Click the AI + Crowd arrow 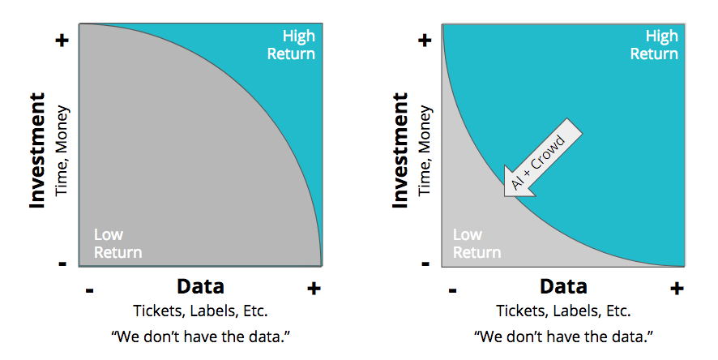(x=543, y=157)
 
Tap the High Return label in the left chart (x=291, y=45)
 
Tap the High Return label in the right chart (x=654, y=45)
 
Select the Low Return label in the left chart (x=118, y=244)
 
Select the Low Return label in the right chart (x=477, y=244)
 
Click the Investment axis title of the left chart (x=37, y=150)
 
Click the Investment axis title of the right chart (x=400, y=150)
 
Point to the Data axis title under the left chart (x=200, y=287)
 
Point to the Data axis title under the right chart (x=564, y=287)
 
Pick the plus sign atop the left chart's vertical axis (x=62, y=41)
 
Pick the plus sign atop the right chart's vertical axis (x=425, y=41)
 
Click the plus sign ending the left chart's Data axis (x=314, y=289)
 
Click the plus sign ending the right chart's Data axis (x=677, y=289)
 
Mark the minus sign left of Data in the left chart (x=90, y=290)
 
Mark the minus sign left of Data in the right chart (x=453, y=290)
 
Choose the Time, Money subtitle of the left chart (x=62, y=151)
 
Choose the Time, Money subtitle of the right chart (x=425, y=151)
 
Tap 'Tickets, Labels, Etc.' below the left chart (x=200, y=311)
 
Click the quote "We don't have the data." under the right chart (x=564, y=337)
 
